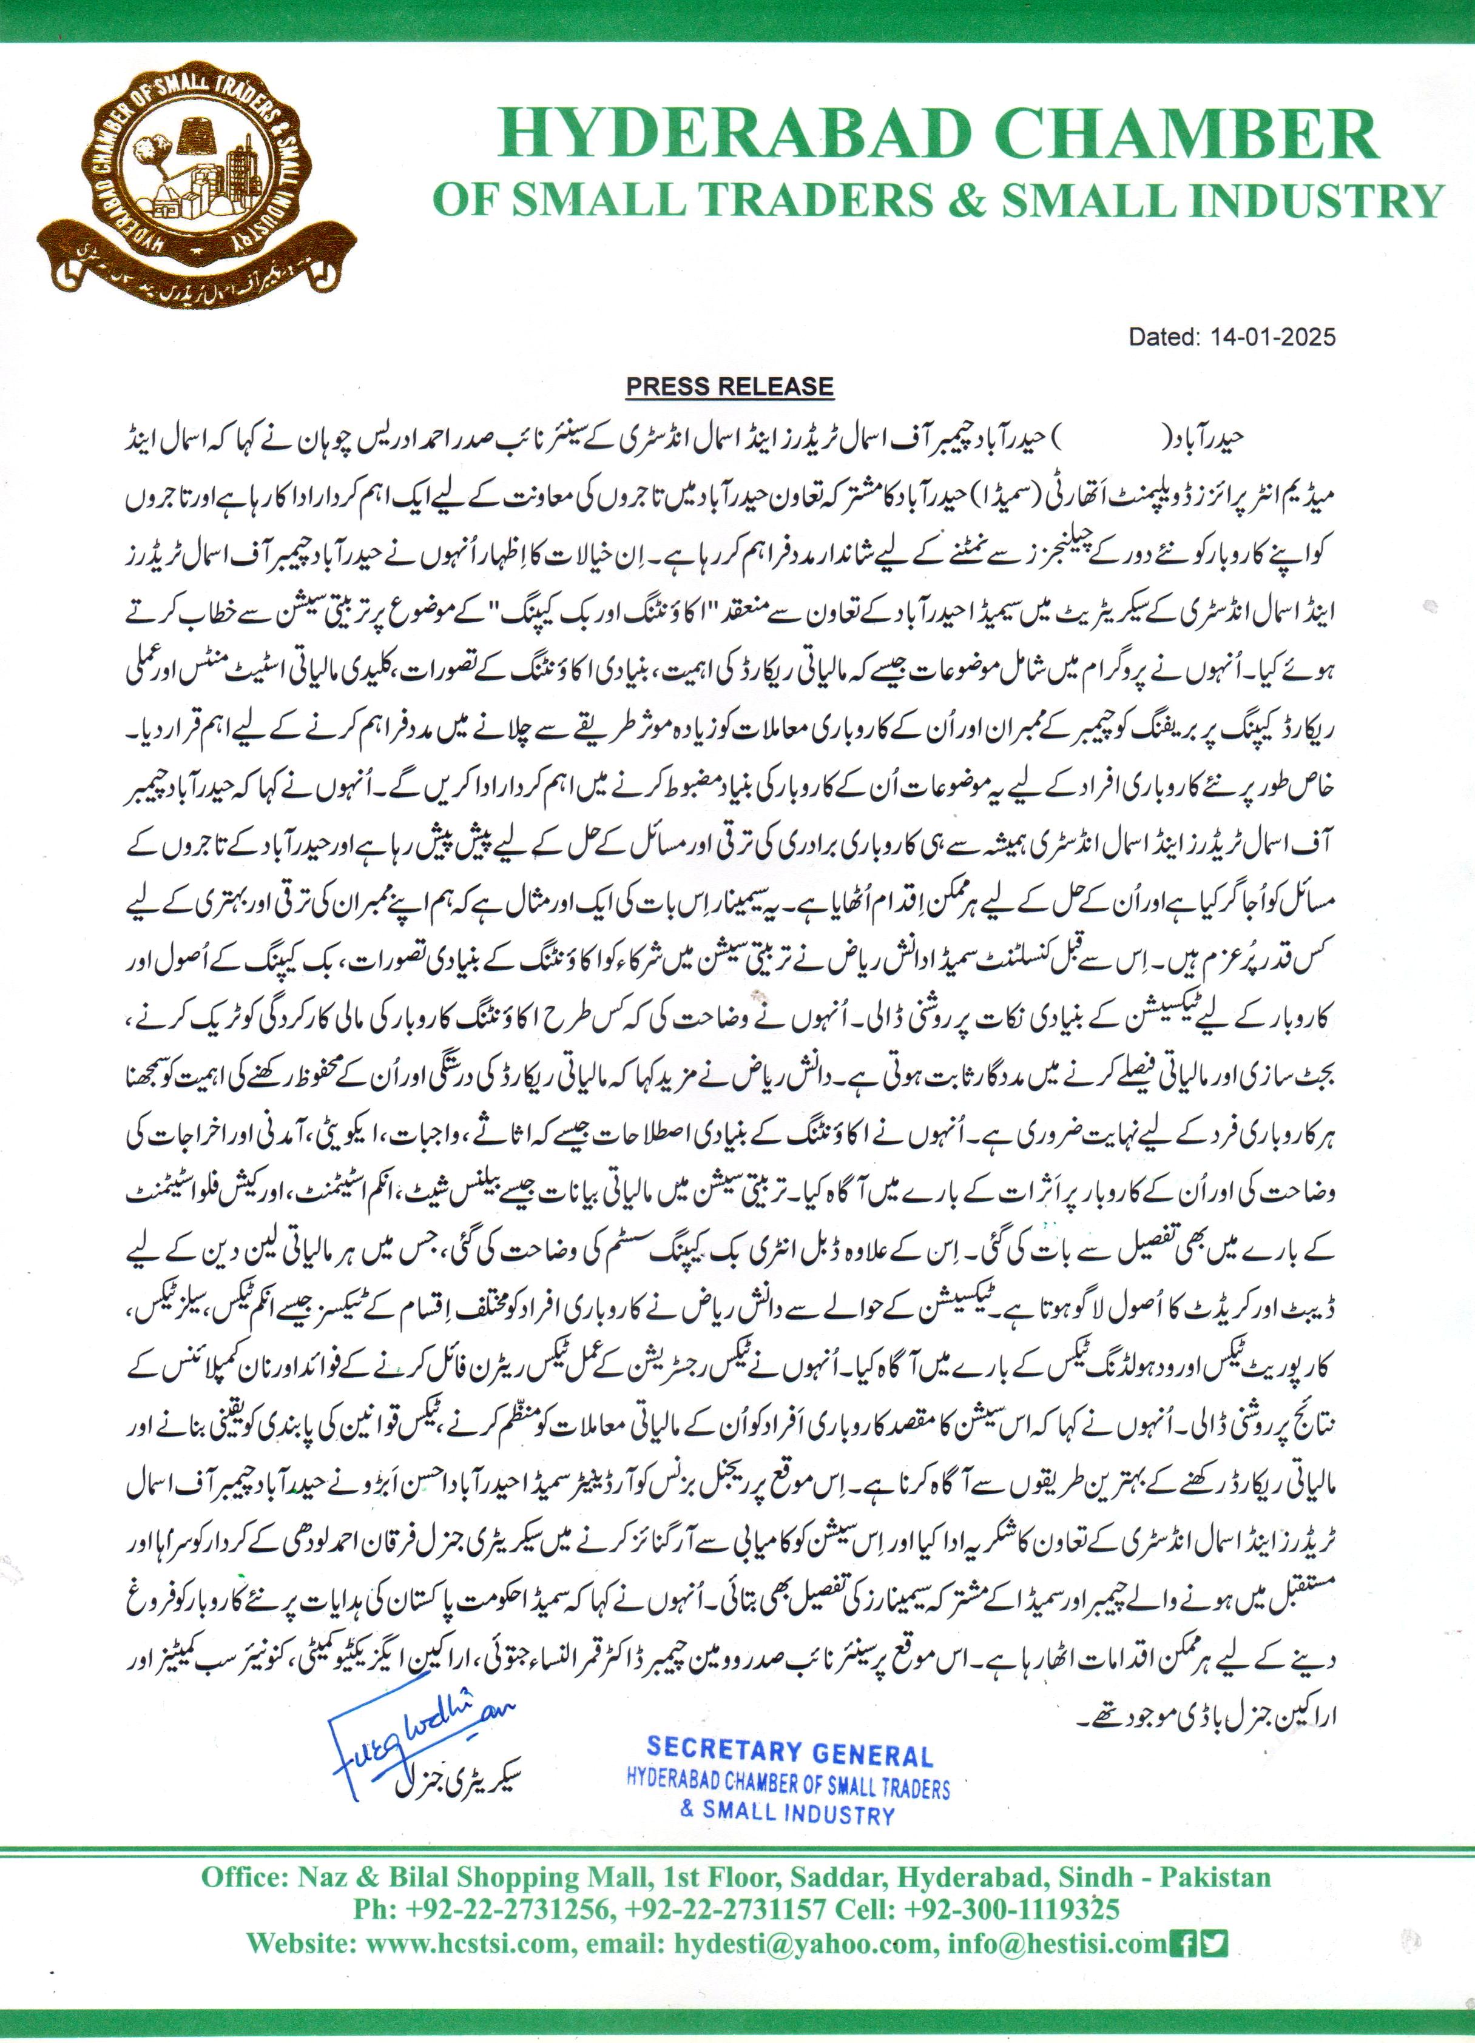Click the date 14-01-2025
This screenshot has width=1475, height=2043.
[1273, 338]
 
